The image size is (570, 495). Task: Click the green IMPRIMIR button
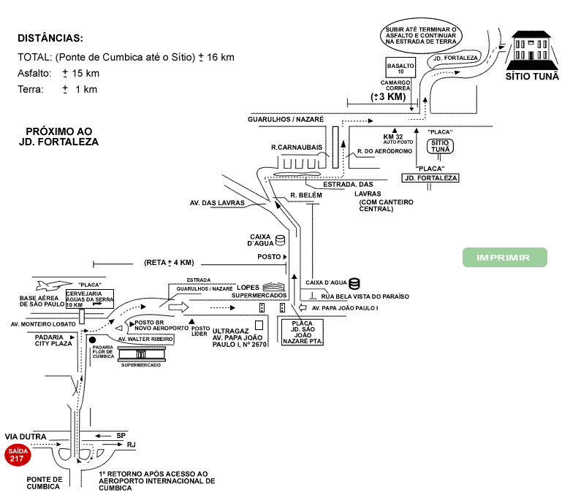tap(505, 258)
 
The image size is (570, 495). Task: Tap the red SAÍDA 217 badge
tap(17, 456)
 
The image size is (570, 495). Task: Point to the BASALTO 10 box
tap(400, 68)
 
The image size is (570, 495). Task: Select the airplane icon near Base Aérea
tap(53, 285)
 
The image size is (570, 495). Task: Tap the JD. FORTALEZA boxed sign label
tap(430, 178)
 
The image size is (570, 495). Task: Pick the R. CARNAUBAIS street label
tap(297, 147)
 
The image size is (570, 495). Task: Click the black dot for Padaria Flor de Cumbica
tap(92, 339)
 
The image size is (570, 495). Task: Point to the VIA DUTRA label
tap(26, 436)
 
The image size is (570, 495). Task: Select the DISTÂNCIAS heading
tap(50, 38)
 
